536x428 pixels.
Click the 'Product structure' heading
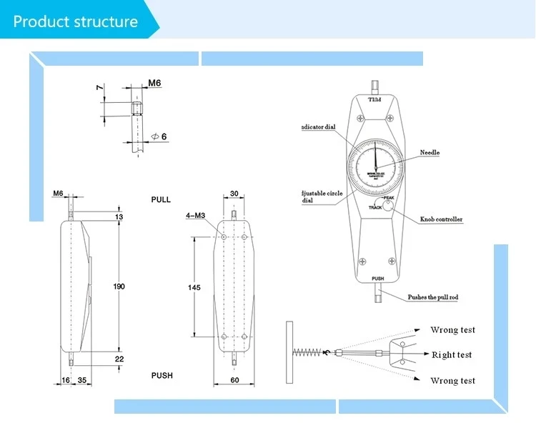(75, 21)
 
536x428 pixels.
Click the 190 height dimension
(119, 286)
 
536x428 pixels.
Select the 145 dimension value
(194, 287)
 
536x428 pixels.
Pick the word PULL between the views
(161, 199)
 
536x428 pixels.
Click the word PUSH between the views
(162, 375)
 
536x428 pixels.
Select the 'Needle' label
(430, 152)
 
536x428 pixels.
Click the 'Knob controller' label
(440, 219)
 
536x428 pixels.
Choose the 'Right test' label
(452, 355)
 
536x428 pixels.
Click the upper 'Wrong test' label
(452, 330)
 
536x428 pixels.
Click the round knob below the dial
(388, 206)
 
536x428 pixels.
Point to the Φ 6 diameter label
(159, 136)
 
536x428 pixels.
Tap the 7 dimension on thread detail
(99, 88)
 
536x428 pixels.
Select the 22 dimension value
(119, 359)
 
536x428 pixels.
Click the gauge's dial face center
(374, 169)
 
